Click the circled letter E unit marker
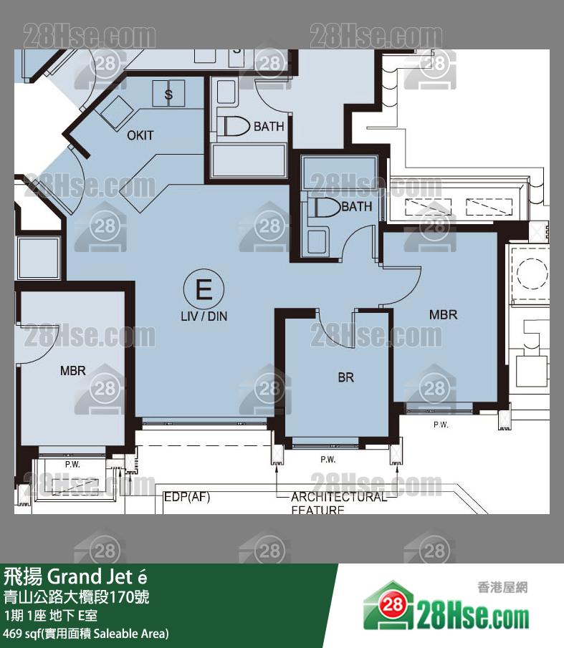click(204, 289)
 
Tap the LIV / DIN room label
click(204, 315)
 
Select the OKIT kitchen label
click(140, 135)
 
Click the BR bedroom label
click(346, 377)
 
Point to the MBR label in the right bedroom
click(443, 314)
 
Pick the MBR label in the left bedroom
click(73, 371)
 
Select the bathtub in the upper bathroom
click(249, 161)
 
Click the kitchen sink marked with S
click(169, 93)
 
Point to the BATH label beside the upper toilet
click(269, 127)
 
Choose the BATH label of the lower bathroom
click(357, 207)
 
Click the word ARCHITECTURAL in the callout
click(338, 497)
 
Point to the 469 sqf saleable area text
click(86, 633)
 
